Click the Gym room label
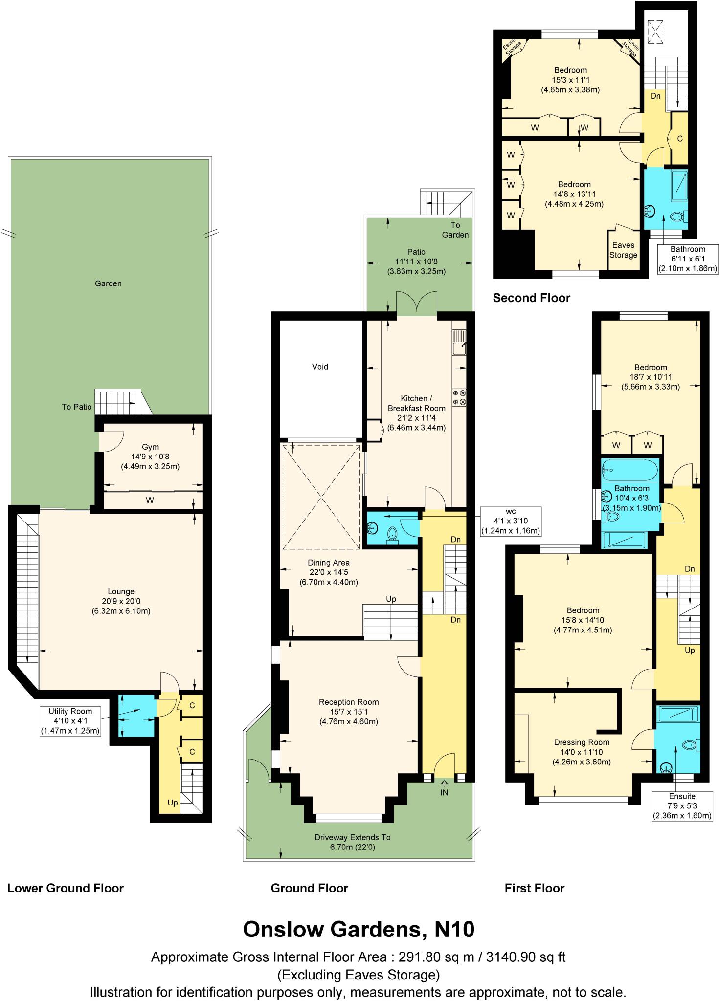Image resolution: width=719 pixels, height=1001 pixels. [x=150, y=447]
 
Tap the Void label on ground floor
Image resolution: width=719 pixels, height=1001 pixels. [x=320, y=367]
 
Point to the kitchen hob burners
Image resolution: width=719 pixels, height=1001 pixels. [x=459, y=397]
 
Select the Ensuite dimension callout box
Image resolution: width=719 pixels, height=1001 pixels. [x=682, y=806]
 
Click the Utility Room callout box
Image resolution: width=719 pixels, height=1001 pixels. [x=70, y=721]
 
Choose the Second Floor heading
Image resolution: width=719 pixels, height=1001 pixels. [x=531, y=298]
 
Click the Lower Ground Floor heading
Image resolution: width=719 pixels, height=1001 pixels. [x=65, y=888]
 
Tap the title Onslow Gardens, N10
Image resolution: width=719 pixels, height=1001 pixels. [x=359, y=929]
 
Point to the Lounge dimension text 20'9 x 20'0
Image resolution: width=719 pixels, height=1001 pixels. [x=121, y=601]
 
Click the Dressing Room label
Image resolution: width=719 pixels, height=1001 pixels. [x=582, y=742]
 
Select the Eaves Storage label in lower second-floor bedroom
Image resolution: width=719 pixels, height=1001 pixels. [x=623, y=250]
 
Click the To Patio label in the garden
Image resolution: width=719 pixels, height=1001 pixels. [x=76, y=407]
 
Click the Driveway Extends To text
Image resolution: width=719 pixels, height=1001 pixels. [x=352, y=837]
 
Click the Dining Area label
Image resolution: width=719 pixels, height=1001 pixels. [x=328, y=563]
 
